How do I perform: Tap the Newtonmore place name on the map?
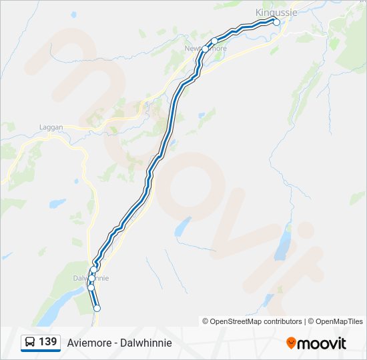206,49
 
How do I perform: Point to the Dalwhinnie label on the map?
90,277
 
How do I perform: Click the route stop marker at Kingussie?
276,22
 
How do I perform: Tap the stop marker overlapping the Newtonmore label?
205,49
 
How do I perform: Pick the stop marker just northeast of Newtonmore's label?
214,41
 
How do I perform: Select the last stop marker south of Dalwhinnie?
97,308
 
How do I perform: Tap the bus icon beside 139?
30,342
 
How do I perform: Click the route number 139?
47,342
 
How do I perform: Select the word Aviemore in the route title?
87,343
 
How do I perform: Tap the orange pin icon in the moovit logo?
291,343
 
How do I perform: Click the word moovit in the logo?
322,343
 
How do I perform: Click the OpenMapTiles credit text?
339,321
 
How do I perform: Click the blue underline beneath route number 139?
41,351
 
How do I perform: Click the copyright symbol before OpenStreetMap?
206,321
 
